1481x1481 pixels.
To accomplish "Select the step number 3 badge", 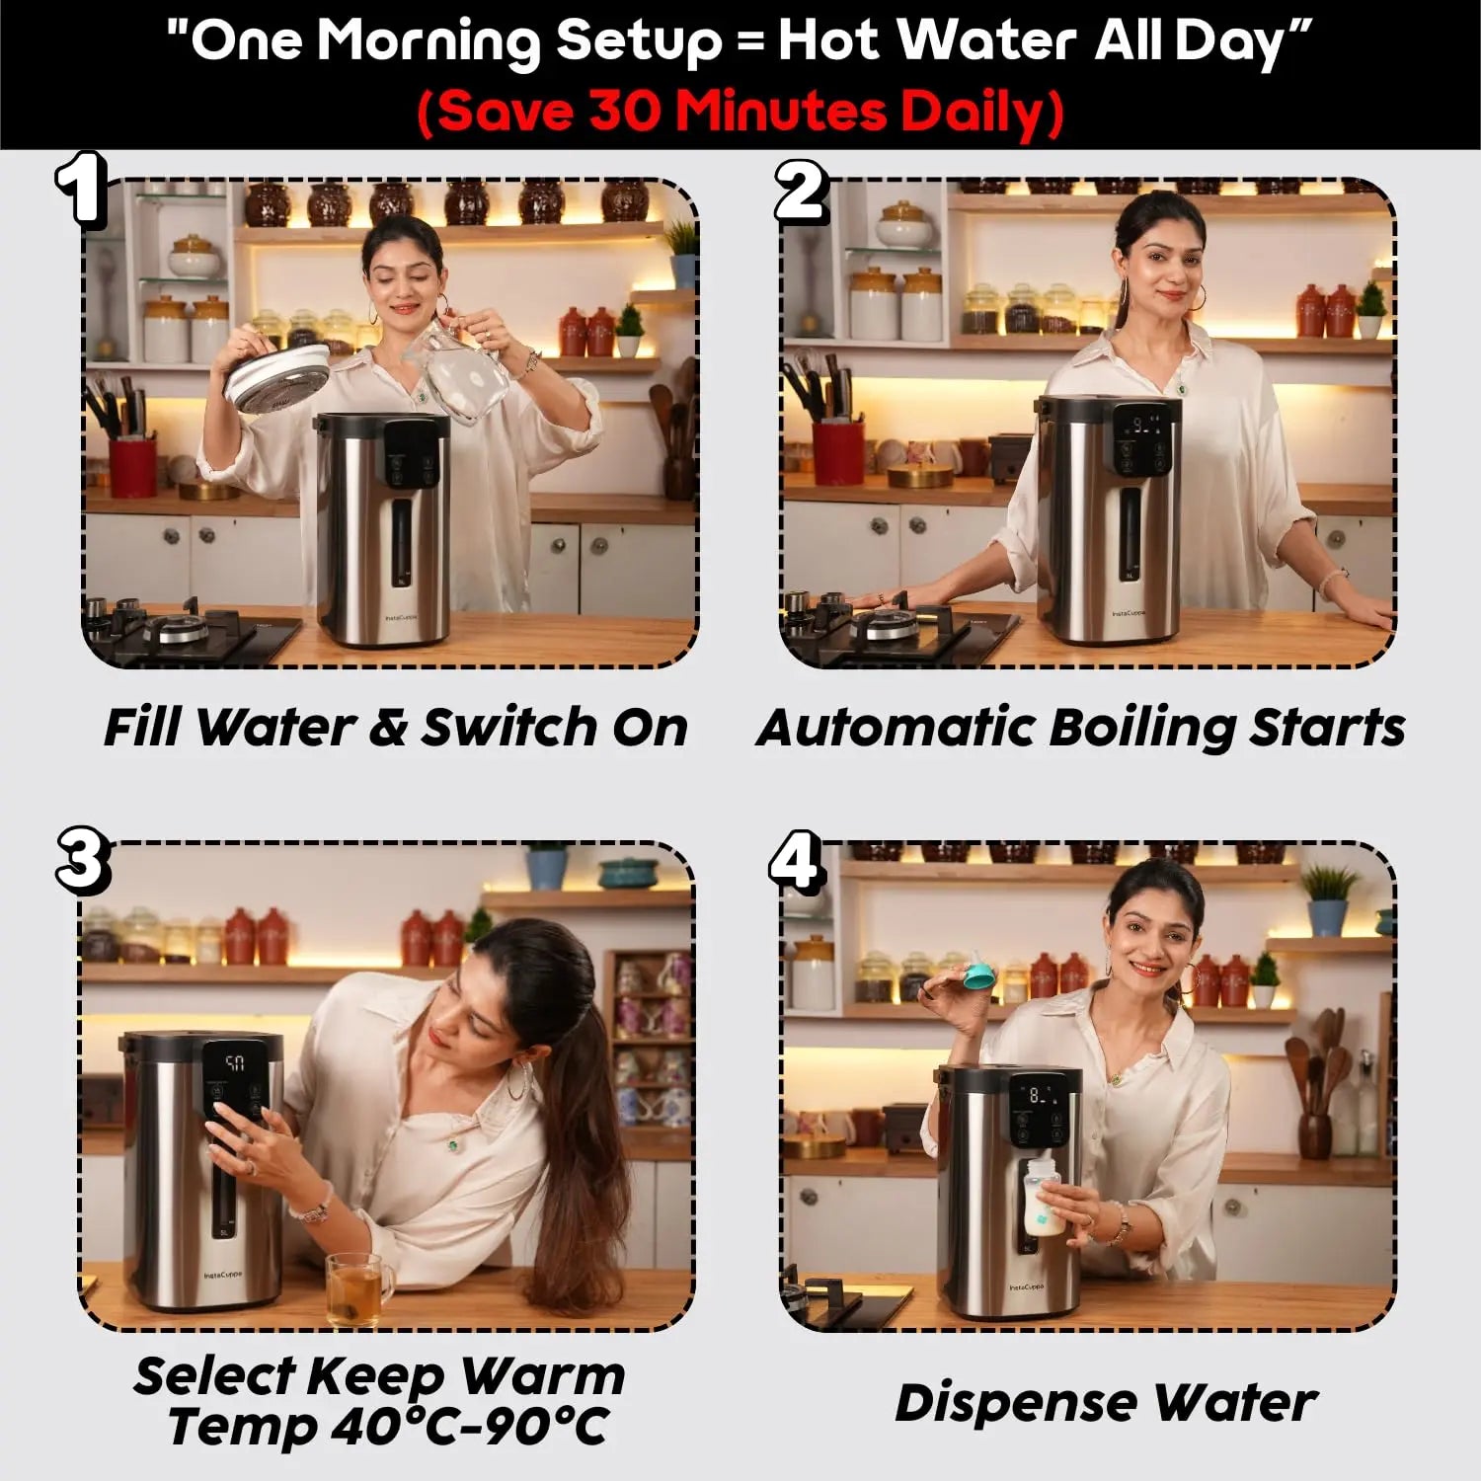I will coord(82,857).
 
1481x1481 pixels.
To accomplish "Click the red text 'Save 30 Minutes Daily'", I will coord(740,112).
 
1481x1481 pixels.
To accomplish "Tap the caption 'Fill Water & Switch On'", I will coord(395,728).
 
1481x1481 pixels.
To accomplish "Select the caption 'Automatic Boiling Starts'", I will coord(1080,728).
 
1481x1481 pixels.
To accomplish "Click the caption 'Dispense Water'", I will coord(1106,1402).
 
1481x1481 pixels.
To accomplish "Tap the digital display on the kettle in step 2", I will coord(1144,427).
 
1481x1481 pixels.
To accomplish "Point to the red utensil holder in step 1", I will coord(132,468).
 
